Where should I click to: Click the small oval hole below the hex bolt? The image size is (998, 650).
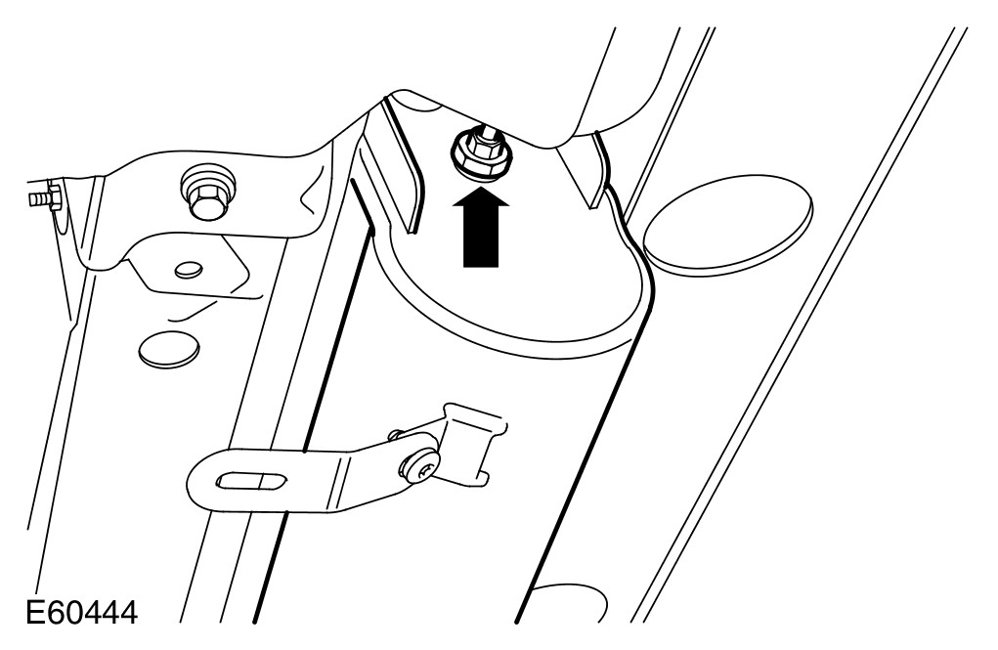[188, 267]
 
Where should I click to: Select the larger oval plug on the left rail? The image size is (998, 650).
[169, 349]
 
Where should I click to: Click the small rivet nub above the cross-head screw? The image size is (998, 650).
[395, 431]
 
